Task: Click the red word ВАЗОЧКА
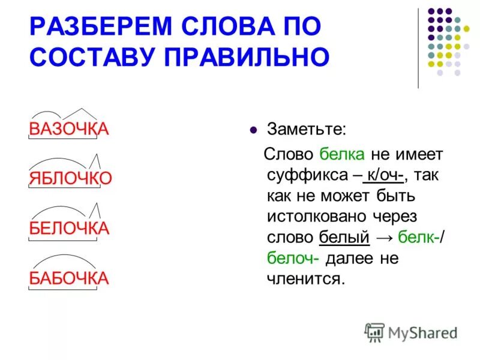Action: pos(68,129)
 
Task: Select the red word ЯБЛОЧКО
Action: pos(71,178)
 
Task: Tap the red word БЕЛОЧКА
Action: pos(69,228)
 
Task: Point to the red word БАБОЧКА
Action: pos(69,278)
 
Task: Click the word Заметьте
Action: pos(307,129)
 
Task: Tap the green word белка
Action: pos(342,154)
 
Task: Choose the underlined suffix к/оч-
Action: pos(385,175)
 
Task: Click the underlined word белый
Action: pos(344,238)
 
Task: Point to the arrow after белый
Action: pos(384,238)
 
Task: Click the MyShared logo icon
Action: pos(374,332)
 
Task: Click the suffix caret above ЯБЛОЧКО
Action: pos(95,160)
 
